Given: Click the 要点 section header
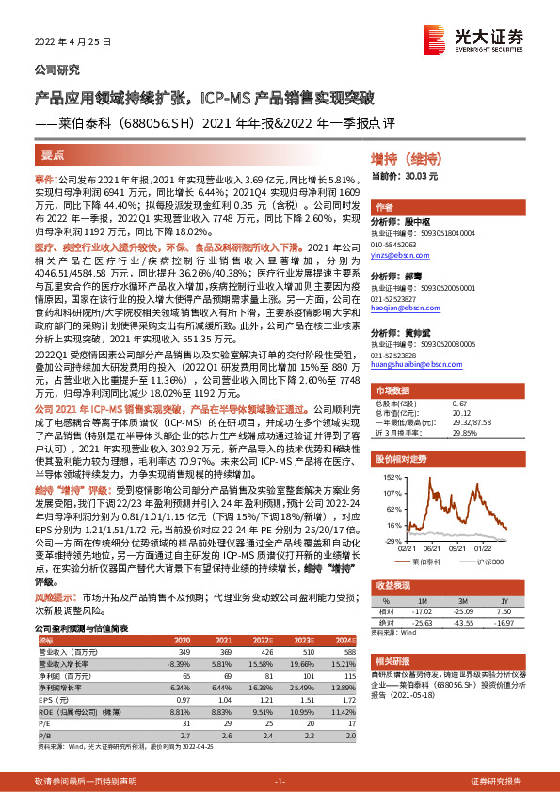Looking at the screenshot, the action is (54, 153).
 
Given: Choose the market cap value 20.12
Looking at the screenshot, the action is (460, 411).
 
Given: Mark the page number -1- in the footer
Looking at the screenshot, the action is (280, 782).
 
